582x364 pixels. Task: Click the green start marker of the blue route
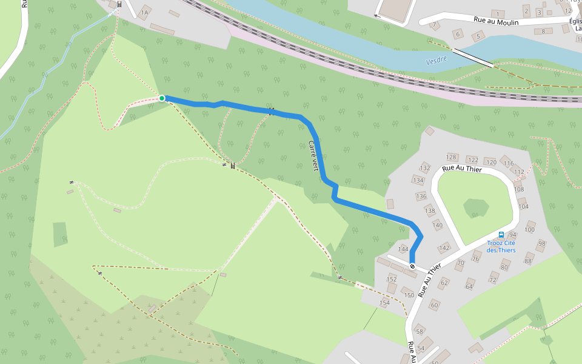pos(162,98)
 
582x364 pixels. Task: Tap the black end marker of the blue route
pos(412,266)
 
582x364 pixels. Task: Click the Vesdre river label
pos(436,60)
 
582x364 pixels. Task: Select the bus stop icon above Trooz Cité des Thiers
pos(501,234)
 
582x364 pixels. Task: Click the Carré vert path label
pos(313,156)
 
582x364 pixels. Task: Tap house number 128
pos(451,157)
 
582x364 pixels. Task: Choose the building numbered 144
pos(403,249)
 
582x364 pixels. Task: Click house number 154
pos(384,303)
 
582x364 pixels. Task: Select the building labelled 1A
pos(144,13)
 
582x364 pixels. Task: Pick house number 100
pos(530,229)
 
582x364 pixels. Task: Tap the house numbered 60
pos(434,305)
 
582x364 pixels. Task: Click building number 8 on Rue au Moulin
pos(543,31)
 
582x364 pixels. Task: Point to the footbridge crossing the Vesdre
pos(473,57)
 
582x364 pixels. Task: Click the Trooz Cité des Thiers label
pos(501,246)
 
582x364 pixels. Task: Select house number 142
pos(444,248)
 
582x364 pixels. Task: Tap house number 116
pos(508,164)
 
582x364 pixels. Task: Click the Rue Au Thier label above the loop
pos(462,169)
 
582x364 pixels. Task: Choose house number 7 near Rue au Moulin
pos(435,25)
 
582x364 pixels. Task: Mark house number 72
pos(493,280)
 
